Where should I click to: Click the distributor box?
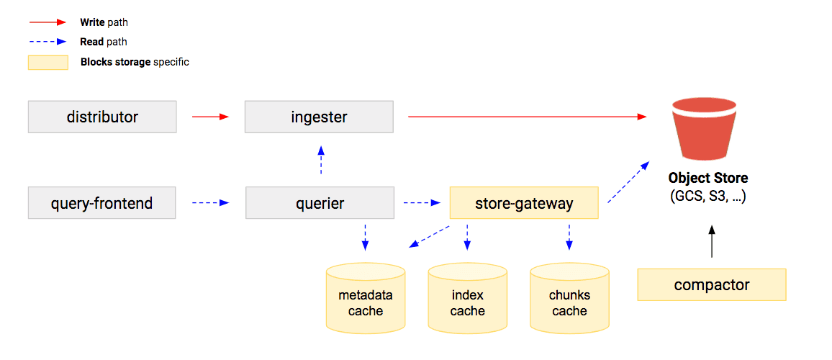(x=102, y=117)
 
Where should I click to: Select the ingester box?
(x=319, y=117)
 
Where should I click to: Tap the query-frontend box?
(x=101, y=203)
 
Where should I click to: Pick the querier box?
(x=320, y=203)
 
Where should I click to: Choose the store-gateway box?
(x=524, y=203)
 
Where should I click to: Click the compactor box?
(x=711, y=285)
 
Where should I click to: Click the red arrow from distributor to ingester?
(x=210, y=117)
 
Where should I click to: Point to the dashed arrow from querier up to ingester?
(x=321, y=161)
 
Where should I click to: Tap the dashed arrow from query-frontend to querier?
(x=210, y=203)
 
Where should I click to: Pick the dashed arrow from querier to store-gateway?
(x=421, y=203)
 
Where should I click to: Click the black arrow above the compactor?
(x=711, y=241)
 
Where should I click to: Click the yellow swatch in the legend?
(x=48, y=63)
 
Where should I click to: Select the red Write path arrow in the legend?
(x=48, y=23)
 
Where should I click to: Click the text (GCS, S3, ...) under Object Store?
(x=707, y=196)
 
